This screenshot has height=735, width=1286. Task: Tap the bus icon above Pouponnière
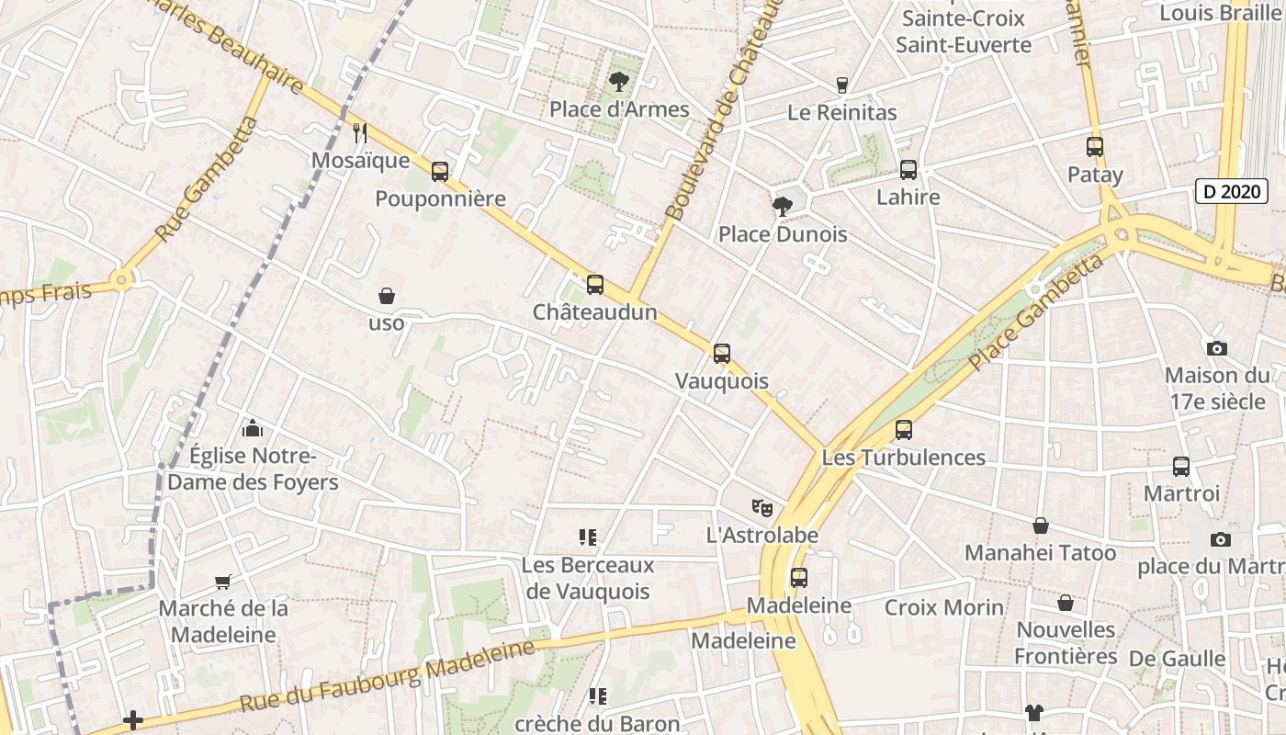pos(440,171)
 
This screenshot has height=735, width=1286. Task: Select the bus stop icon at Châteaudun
pos(595,285)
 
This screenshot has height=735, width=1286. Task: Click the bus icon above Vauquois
pos(722,353)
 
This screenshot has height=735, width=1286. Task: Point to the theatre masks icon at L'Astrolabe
pos(761,507)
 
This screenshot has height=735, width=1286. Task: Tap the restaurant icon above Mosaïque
pos(360,133)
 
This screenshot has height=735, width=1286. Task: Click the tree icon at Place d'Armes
pos(619,82)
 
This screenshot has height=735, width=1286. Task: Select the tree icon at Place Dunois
pos(783,207)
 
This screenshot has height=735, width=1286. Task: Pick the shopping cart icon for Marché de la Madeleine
pos(223,581)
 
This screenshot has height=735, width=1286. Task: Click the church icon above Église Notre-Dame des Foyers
pos(253,428)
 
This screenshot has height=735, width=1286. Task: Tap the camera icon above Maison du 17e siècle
pos(1217,348)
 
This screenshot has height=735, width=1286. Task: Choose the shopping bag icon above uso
pos(387,296)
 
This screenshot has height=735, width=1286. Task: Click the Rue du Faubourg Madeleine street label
pos(387,677)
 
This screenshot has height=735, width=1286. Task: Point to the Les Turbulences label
pos(904,457)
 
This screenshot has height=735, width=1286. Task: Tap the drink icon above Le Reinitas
pos(841,85)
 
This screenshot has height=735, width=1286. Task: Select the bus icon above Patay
pos(1095,147)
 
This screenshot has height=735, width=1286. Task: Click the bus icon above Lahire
pos(908,170)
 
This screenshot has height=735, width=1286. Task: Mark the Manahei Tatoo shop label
pos(1040,553)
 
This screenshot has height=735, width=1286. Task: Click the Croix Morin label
pos(944,607)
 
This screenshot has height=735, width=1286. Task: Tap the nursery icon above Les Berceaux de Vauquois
pos(588,537)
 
